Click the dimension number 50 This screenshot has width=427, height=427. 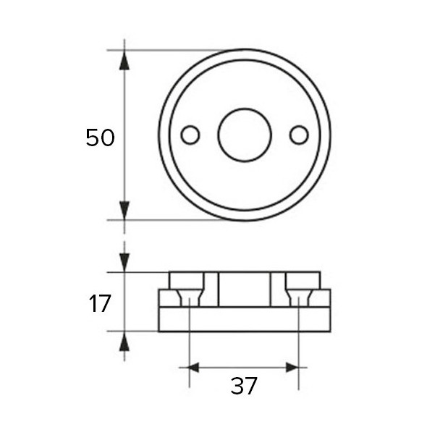(100, 138)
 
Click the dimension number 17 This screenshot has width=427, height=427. (100, 303)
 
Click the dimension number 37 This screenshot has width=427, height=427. (244, 386)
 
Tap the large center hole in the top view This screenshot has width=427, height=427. (245, 135)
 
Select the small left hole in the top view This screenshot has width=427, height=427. (190, 135)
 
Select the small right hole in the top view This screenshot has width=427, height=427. (299, 135)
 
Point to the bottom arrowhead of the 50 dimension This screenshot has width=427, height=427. (124, 210)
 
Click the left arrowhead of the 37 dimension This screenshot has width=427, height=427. (195, 368)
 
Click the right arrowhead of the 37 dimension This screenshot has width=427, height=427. (292, 368)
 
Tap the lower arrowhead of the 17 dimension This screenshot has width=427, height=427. (124, 341)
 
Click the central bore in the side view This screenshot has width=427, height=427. (245, 289)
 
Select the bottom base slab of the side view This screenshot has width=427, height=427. (245, 319)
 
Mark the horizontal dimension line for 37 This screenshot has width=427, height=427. (244, 368)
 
